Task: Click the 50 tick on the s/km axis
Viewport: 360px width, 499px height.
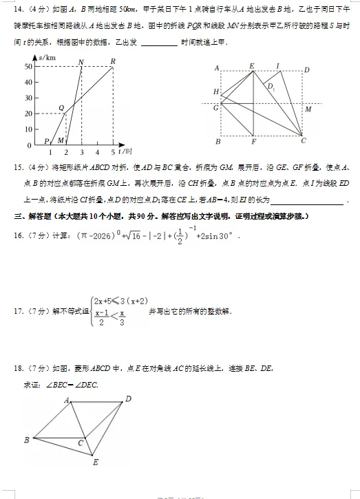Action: pyautogui.click(x=28, y=66)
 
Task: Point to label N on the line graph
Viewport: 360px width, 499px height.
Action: pyautogui.click(x=81, y=62)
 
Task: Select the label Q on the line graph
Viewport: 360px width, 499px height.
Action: pyautogui.click(x=61, y=107)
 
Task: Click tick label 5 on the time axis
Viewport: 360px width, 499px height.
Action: pyautogui.click(x=113, y=151)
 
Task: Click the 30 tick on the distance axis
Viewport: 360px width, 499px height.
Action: pyautogui.click(x=28, y=98)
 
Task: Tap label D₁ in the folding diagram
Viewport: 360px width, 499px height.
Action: pyautogui.click(x=271, y=87)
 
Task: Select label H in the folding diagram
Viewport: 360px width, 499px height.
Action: pyautogui.click(x=216, y=92)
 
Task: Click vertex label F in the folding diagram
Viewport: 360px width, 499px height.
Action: pyautogui.click(x=253, y=142)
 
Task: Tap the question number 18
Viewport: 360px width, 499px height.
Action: pyautogui.click(x=19, y=369)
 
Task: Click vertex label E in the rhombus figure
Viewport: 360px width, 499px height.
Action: pyautogui.click(x=96, y=462)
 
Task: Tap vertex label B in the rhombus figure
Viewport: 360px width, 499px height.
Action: pyautogui.click(x=26, y=439)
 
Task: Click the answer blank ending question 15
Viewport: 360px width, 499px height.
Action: pyautogui.click(x=306, y=200)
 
